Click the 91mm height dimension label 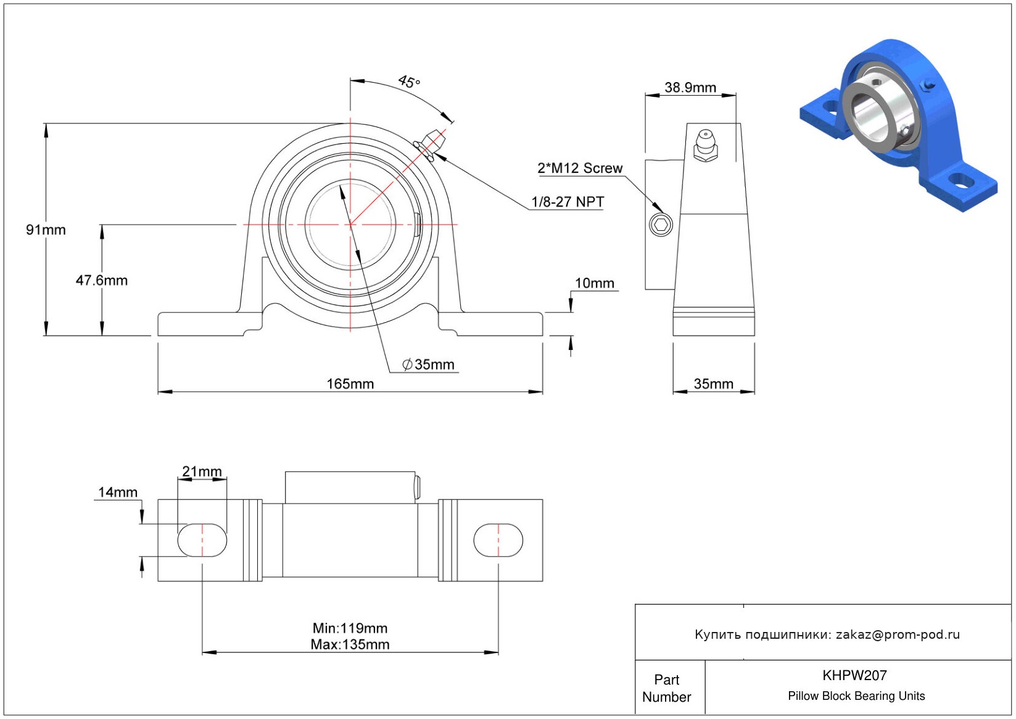click(x=46, y=230)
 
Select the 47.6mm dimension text click(x=102, y=280)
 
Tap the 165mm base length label click(x=350, y=384)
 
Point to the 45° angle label click(x=409, y=81)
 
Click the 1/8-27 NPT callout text click(x=568, y=202)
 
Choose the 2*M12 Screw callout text click(x=580, y=168)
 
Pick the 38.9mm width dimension click(x=690, y=87)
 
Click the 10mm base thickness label click(x=595, y=283)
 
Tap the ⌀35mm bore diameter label click(x=428, y=364)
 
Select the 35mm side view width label click(x=714, y=384)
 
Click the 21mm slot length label click(x=202, y=471)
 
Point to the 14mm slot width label click(x=118, y=492)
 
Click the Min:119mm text click(x=350, y=628)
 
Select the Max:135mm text click(x=350, y=644)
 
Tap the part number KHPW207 click(x=854, y=675)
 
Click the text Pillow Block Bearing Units click(x=856, y=696)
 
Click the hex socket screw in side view click(x=661, y=224)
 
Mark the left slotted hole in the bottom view click(x=202, y=540)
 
